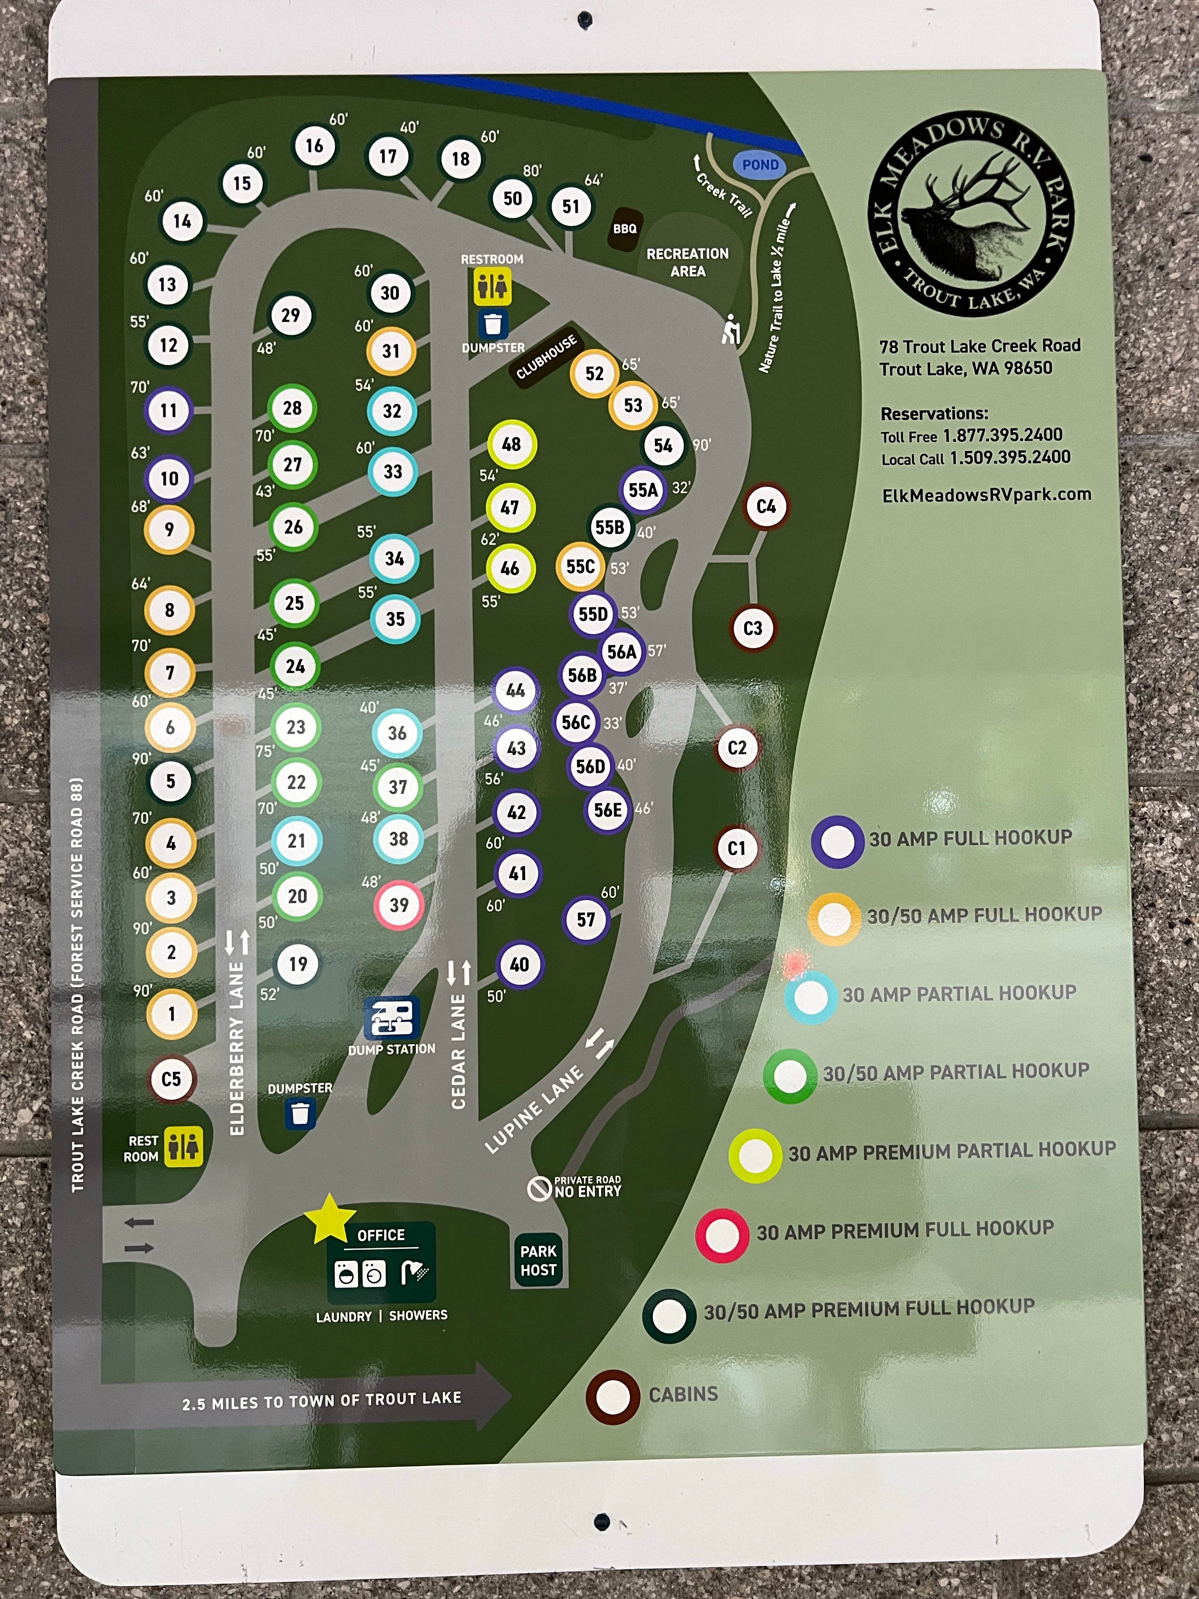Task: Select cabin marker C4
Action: pos(765,507)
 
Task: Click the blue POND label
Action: pos(760,165)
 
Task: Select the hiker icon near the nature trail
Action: pos(732,330)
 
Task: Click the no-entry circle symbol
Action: pos(539,1189)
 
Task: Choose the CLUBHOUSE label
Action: pos(546,357)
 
